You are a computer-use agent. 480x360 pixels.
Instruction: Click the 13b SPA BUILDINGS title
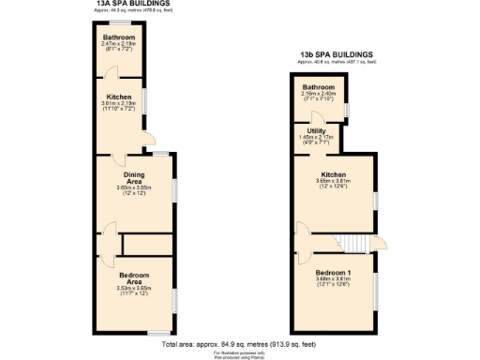pyautogui.click(x=335, y=54)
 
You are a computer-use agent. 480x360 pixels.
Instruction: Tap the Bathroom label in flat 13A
pyautogui.click(x=119, y=37)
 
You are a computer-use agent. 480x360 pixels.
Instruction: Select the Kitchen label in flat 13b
pyautogui.click(x=335, y=174)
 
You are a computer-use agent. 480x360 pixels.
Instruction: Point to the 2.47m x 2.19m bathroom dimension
pyautogui.click(x=119, y=44)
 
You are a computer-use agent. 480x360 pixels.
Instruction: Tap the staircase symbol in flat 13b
pyautogui.click(x=352, y=240)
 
